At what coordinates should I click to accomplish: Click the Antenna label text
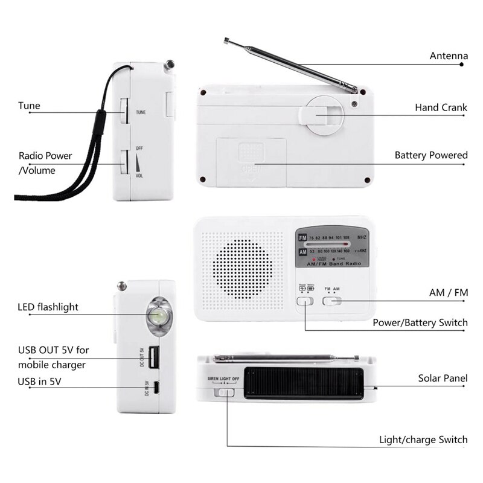(x=448, y=56)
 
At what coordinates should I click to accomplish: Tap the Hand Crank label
(x=441, y=107)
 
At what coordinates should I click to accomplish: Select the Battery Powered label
(x=430, y=155)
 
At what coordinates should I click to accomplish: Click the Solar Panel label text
(x=443, y=379)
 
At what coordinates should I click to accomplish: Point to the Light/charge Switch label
(x=423, y=440)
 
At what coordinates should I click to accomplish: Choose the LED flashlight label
(x=48, y=307)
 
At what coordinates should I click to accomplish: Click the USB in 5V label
(x=39, y=381)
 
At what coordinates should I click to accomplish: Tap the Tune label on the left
(x=29, y=106)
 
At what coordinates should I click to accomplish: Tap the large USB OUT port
(x=153, y=357)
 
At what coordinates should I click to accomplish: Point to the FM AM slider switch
(x=331, y=300)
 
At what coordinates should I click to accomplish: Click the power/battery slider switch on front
(x=306, y=300)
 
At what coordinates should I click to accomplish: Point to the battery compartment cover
(x=251, y=159)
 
